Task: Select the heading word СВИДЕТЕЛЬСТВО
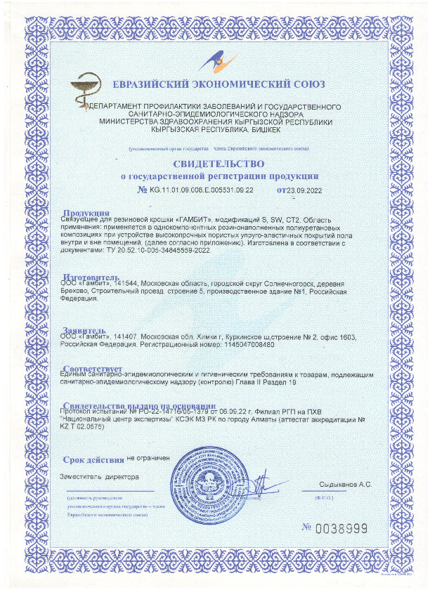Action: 214,164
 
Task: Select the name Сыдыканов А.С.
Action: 344,485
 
